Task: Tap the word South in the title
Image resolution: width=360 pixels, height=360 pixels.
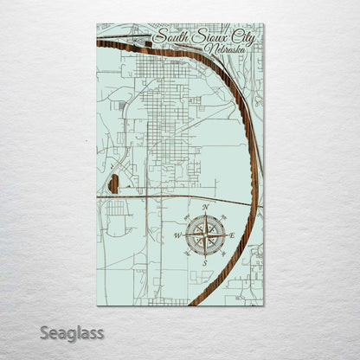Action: (170, 38)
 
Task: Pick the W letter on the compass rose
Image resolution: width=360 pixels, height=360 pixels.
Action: (178, 235)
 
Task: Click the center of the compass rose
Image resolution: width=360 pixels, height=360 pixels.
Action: (205, 234)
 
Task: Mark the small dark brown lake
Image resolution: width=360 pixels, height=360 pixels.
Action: (112, 183)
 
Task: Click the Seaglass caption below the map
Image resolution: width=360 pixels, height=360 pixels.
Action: (75, 332)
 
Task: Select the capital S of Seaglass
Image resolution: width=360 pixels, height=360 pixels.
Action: (51, 331)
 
